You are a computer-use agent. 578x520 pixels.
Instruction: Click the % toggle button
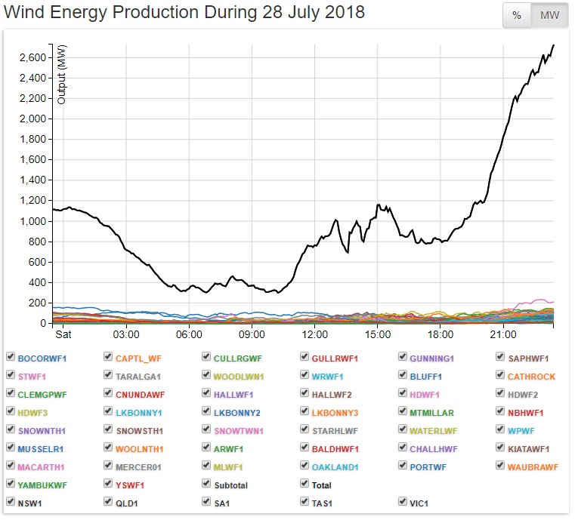pos(517,16)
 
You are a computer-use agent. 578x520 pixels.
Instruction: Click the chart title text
pos(184,13)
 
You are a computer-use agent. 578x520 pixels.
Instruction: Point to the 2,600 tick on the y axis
pos(33,57)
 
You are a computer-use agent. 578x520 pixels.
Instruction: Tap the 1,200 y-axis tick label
pos(33,201)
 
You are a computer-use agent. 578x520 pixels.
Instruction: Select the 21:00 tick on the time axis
pos(503,334)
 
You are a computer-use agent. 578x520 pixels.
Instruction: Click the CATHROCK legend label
pos(531,376)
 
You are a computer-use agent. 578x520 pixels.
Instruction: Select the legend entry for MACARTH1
pos(41,466)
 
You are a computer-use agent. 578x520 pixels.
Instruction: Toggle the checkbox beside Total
pos(305,485)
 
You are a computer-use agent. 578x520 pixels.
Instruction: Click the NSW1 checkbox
pos(11,502)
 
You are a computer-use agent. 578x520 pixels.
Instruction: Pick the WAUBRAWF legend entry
pos(533,466)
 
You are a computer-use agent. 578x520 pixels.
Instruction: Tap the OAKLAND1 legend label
pos(335,466)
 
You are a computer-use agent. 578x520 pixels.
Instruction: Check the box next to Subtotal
pos(207,485)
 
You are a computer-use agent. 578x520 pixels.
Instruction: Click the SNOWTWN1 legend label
pos(239,430)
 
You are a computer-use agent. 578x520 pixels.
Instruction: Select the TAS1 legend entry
pos(323,503)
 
